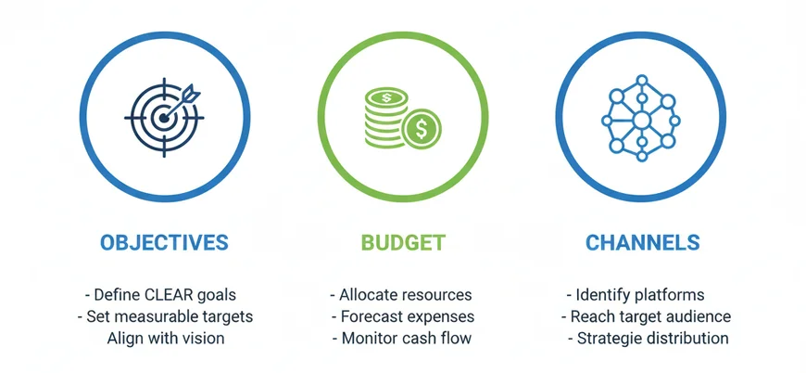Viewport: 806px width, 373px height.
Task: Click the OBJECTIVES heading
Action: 163,243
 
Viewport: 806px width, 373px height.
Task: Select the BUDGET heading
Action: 403,243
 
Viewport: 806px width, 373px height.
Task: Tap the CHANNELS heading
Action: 643,243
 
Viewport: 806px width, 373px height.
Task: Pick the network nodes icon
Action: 641,118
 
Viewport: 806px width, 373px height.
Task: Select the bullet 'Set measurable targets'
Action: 164,316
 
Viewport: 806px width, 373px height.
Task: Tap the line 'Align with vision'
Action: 166,338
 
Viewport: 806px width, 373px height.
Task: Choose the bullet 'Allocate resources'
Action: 401,295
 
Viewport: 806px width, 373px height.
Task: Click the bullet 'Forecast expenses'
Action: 401,316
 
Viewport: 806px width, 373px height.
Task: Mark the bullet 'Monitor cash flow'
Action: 401,338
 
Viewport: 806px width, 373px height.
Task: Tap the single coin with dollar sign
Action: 422,129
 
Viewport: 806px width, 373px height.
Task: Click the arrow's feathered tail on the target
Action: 190,93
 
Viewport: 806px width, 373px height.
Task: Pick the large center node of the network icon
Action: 640,121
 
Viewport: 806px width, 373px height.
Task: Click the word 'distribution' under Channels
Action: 686,338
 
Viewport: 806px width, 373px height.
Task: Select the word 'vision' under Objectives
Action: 202,338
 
